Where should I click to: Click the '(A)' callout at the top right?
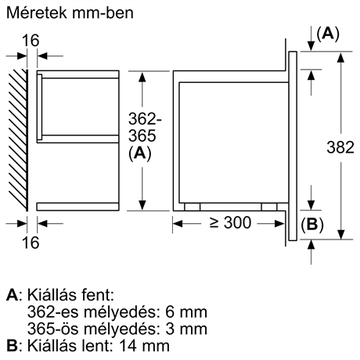[326, 33]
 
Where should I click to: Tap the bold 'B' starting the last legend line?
[10, 345]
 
